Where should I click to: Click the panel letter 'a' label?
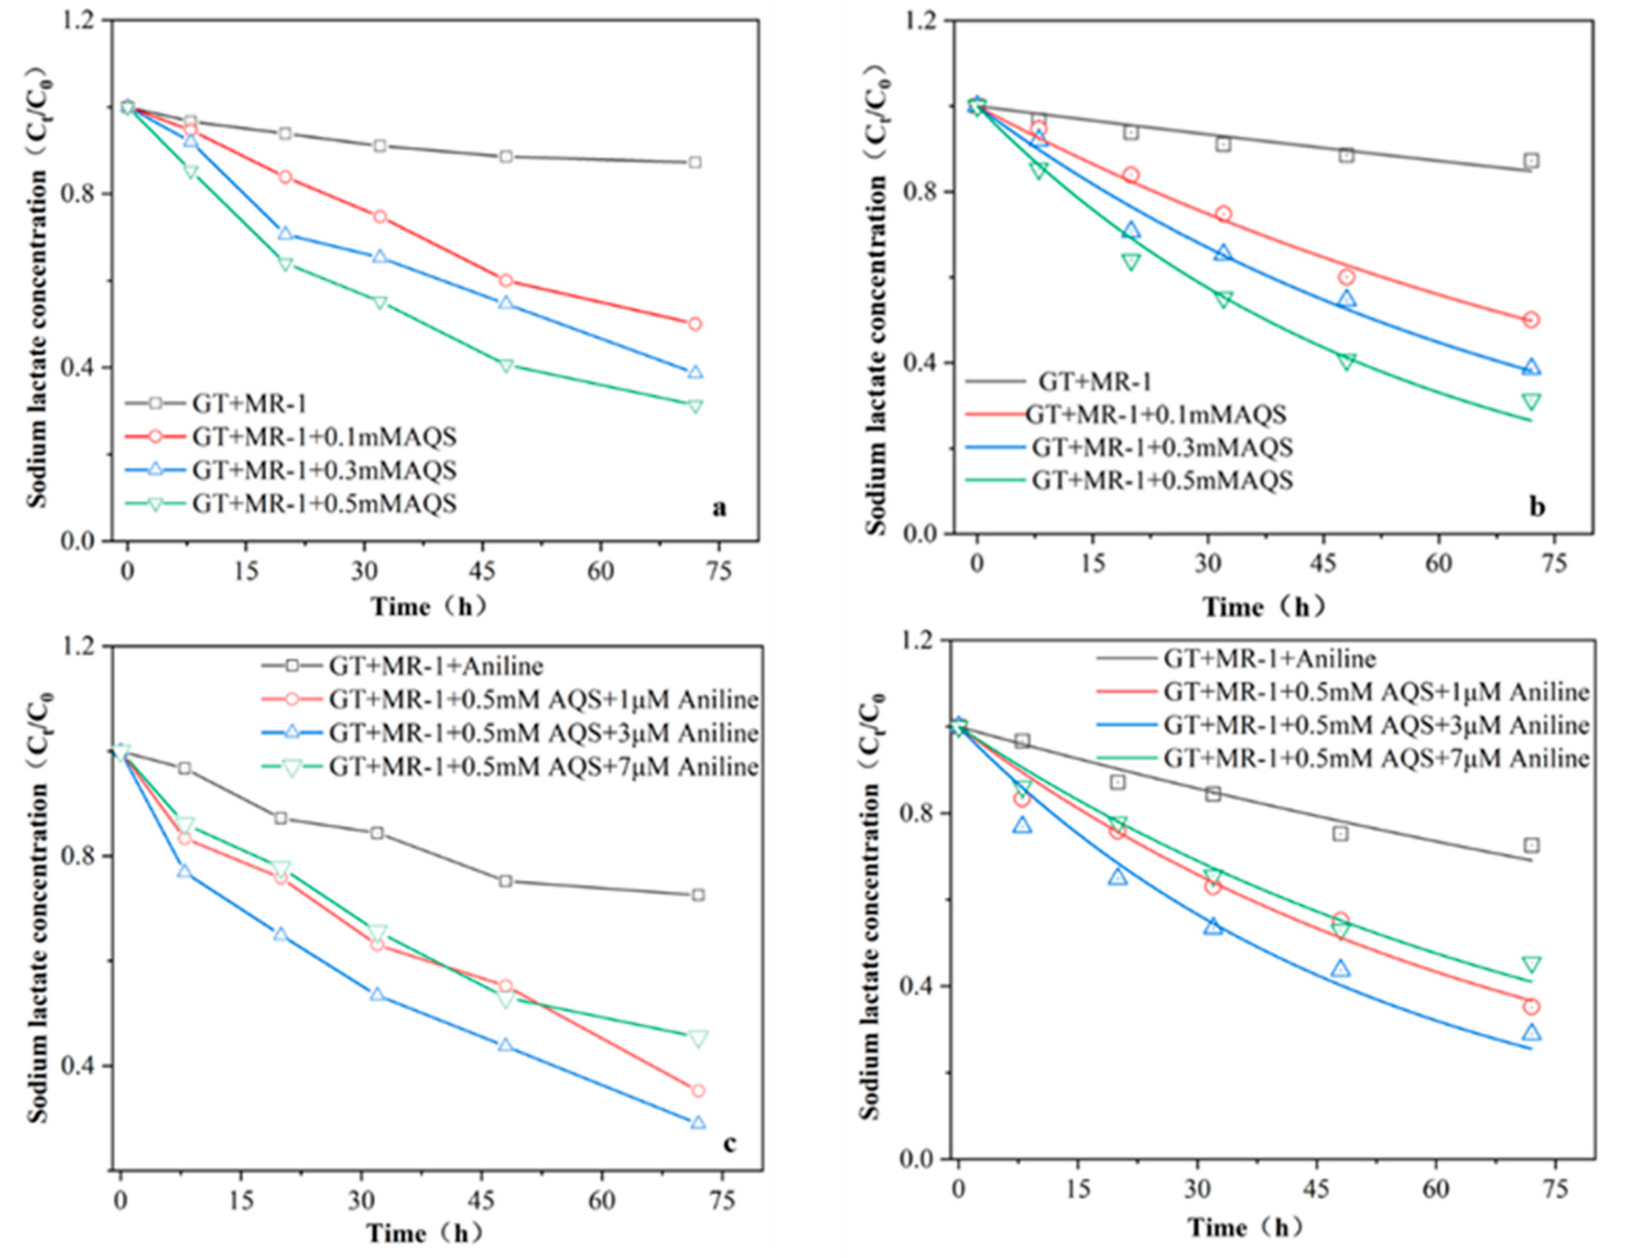click(x=719, y=508)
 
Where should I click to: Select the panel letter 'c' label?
click(x=729, y=1143)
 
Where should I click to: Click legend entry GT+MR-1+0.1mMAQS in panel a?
click(x=324, y=437)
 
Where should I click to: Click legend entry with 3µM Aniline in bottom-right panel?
click(x=1376, y=725)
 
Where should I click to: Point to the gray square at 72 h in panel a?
click(x=695, y=162)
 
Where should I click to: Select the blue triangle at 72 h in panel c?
click(x=698, y=1122)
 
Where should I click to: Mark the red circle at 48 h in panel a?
click(x=505, y=281)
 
